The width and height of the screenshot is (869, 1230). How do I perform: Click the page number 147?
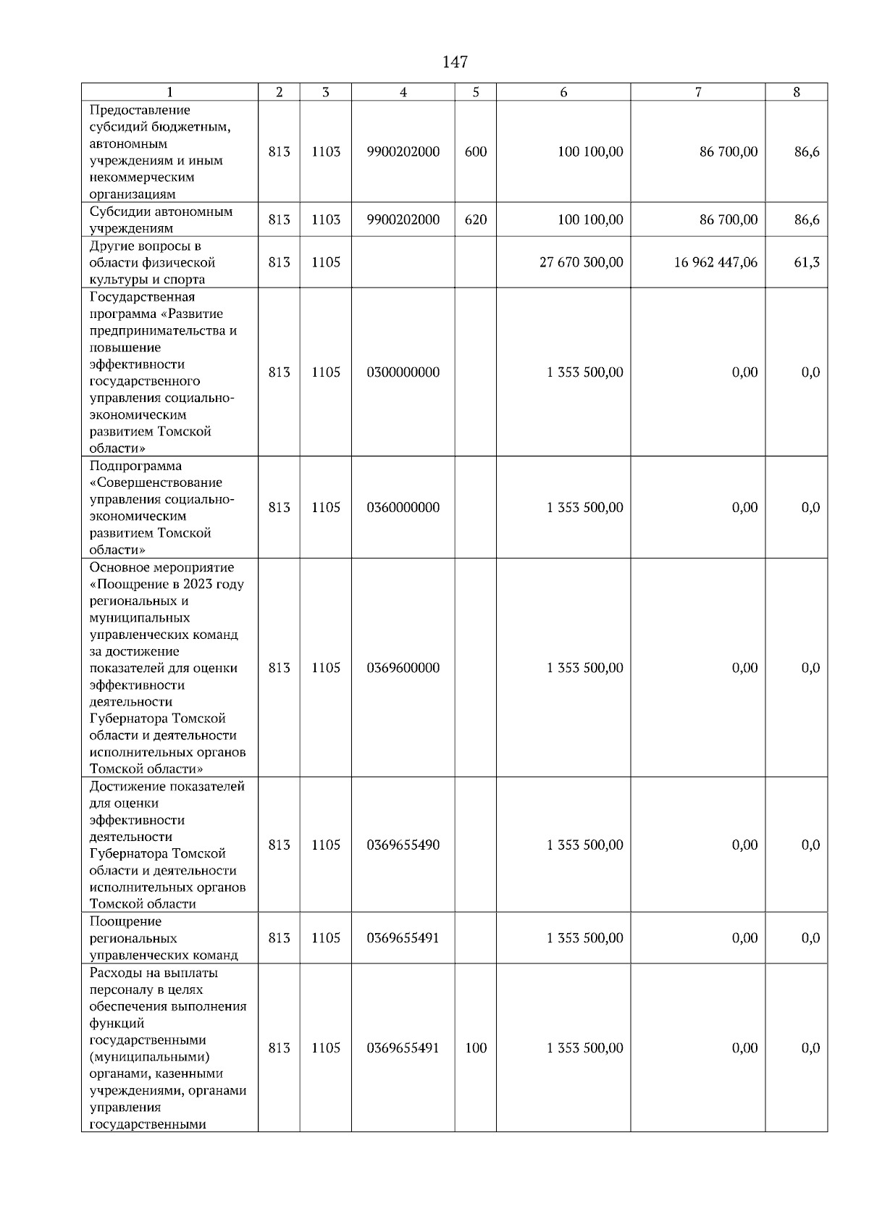coord(455,62)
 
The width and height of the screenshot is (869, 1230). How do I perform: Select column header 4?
coord(403,92)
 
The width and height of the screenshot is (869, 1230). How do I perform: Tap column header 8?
coord(797,92)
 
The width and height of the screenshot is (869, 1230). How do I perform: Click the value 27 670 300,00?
coord(581,262)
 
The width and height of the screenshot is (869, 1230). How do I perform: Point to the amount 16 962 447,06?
coord(715,262)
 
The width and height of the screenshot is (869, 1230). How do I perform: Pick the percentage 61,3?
coord(807,262)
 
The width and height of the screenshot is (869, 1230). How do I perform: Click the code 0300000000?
coord(403,372)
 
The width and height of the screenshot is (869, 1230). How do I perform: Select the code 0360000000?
coord(403,508)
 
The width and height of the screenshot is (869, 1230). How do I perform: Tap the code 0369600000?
coord(403,668)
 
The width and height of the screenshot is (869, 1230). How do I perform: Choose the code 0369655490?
coord(403,845)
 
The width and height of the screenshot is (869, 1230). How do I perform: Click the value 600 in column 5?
coord(476,152)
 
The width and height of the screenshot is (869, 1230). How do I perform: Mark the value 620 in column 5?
coord(476,219)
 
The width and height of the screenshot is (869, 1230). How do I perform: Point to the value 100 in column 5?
coord(476,1048)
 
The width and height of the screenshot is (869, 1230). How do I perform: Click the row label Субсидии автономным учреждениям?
coord(161,220)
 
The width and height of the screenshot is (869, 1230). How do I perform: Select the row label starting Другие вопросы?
coord(152,263)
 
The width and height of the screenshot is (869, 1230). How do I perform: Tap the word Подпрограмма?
coord(135,466)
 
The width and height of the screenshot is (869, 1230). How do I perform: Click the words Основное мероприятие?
coord(162,567)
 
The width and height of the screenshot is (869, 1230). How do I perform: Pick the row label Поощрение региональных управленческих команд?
coord(164,938)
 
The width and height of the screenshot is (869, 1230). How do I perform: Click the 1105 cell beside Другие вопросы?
coord(326,262)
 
